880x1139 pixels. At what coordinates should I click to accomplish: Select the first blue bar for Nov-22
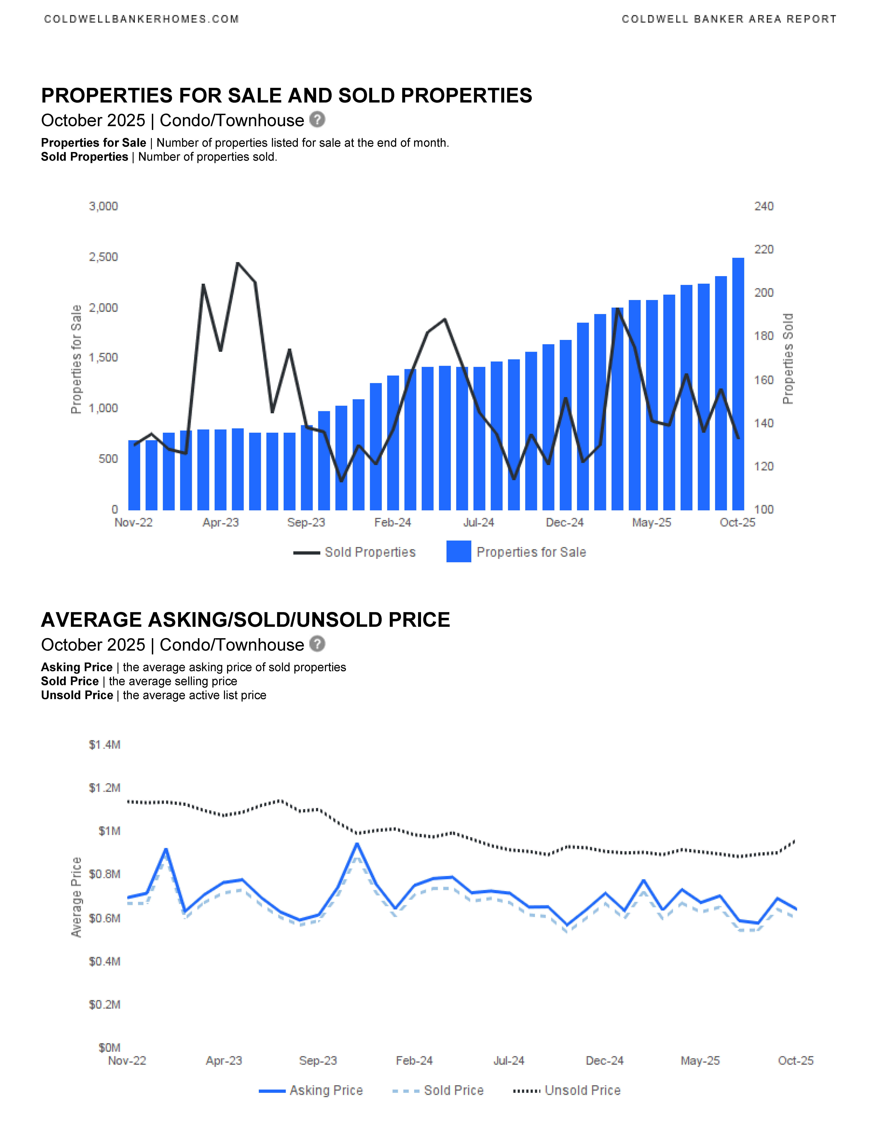click(x=134, y=475)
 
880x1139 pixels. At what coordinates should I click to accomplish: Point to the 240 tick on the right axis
click(x=764, y=207)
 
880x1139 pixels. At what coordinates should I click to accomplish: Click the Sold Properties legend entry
click(x=370, y=552)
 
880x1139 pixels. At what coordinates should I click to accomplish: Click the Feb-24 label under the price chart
click(x=414, y=1061)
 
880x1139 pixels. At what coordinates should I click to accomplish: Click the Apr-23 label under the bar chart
click(x=221, y=523)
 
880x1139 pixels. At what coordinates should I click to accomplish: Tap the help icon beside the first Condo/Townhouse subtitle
click(x=317, y=120)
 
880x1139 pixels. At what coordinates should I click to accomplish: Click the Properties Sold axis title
click(x=788, y=359)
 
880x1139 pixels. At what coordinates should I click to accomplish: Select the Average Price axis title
click(x=76, y=897)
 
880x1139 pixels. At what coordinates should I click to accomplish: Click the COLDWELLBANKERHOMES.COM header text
click(x=141, y=19)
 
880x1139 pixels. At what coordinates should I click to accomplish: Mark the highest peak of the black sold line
click(x=238, y=263)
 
